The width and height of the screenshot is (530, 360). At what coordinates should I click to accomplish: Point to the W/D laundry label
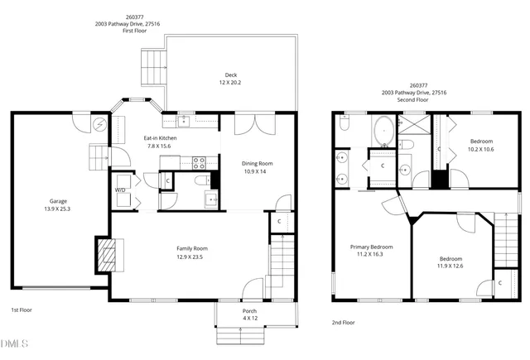pos(120,190)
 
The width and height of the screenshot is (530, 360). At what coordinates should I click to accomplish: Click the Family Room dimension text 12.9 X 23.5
pos(190,257)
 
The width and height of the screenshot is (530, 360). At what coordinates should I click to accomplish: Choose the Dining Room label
pos(258,163)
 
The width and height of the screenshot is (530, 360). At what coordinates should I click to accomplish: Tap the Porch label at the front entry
pos(249,310)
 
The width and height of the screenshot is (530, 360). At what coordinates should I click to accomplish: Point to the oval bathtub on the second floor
pos(384,130)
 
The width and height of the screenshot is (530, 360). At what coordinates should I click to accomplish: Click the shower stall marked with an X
pos(413,125)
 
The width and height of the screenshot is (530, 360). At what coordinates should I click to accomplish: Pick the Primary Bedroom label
pos(370,247)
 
